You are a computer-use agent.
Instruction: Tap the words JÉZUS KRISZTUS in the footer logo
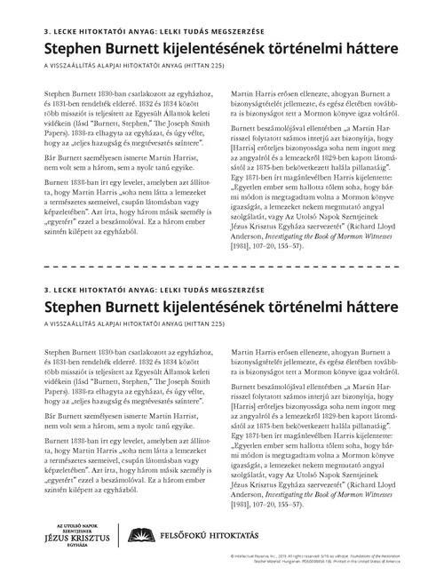coord(78,538)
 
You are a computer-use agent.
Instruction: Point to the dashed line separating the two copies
coord(222,266)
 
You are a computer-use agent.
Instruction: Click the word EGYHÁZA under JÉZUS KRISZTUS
coord(78,547)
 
